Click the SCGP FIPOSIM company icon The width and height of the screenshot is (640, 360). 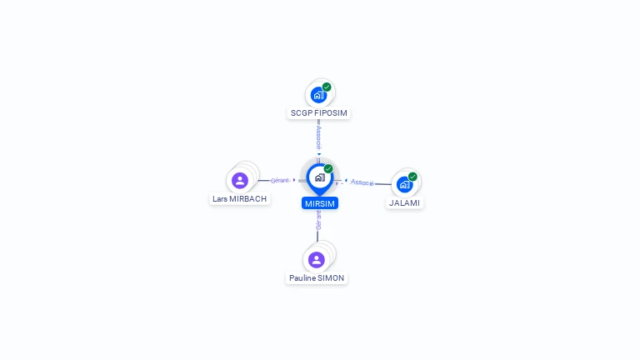tap(318, 94)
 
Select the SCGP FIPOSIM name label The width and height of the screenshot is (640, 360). tap(318, 112)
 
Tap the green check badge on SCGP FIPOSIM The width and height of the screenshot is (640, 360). tap(327, 87)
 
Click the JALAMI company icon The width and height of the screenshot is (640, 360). tap(405, 184)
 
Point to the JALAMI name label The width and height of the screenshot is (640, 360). tap(405, 202)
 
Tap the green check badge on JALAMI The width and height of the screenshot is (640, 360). tap(412, 177)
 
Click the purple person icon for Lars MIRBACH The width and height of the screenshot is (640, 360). tap(240, 180)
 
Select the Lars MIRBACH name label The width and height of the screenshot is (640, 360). tap(240, 199)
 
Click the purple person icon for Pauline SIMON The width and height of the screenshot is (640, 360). tap(317, 259)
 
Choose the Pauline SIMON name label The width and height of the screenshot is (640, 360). tap(317, 277)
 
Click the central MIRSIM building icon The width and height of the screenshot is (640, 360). tap(319, 177)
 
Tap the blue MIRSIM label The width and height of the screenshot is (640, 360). tap(320, 202)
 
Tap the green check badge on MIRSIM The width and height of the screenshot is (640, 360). tap(328, 169)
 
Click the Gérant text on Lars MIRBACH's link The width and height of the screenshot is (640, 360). tap(280, 180)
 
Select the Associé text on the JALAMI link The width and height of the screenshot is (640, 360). tap(362, 182)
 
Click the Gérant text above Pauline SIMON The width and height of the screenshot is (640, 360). tap(318, 220)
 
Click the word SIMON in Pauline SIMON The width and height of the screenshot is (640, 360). tap(331, 277)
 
